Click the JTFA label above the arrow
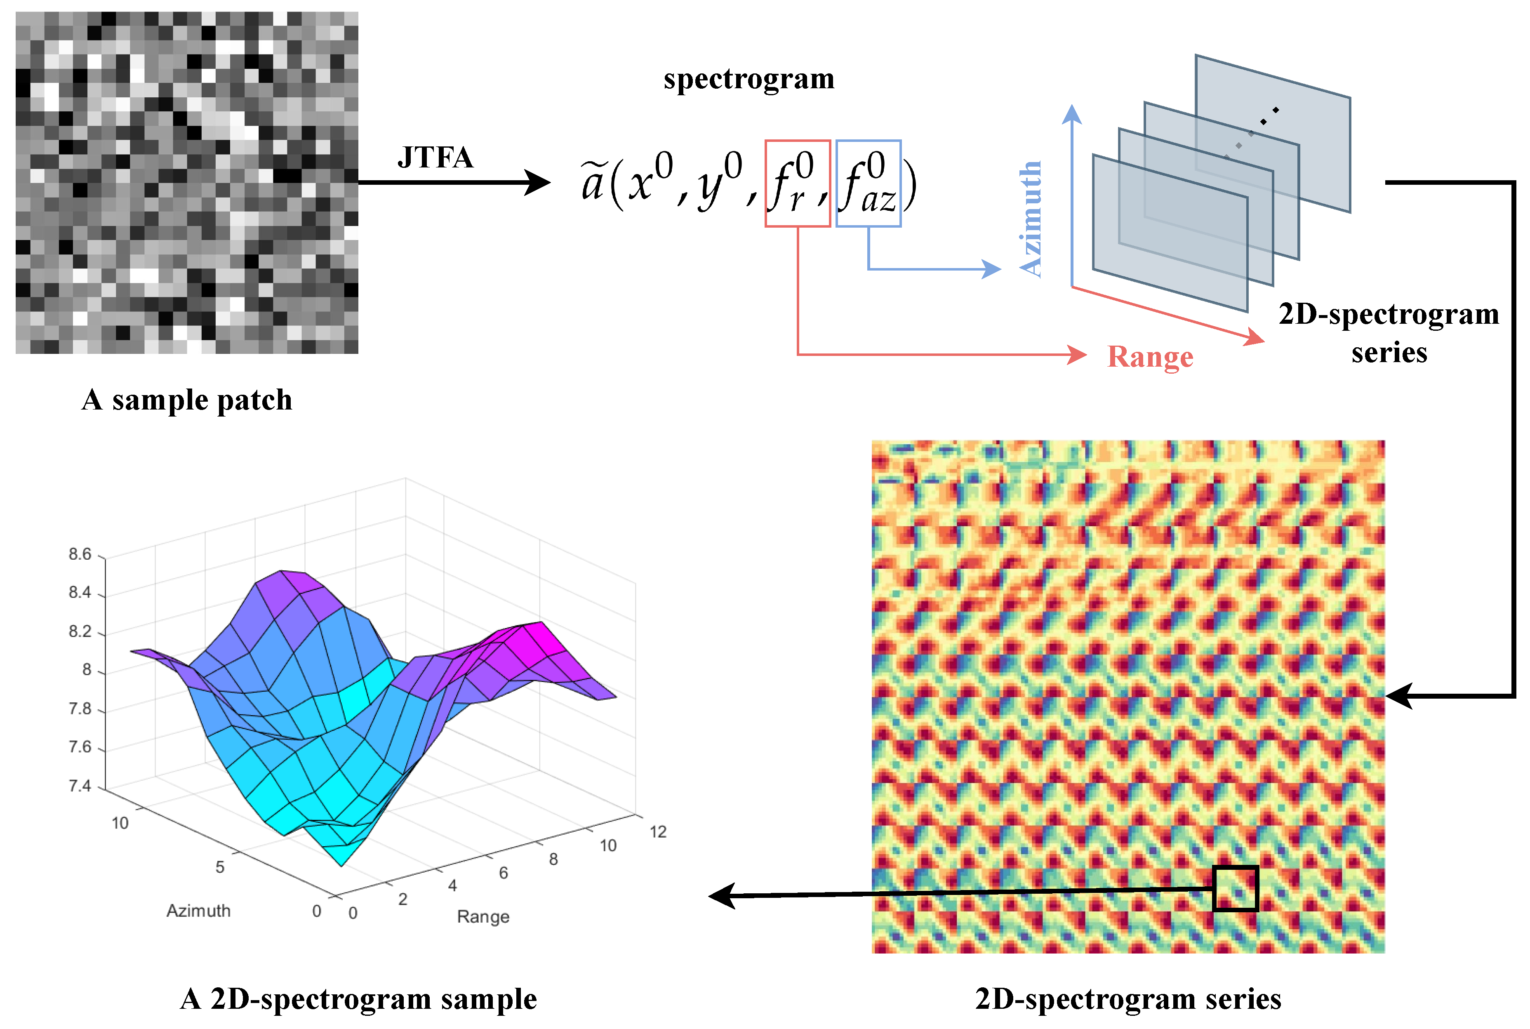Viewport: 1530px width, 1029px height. coord(435,158)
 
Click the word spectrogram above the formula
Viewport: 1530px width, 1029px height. coord(749,79)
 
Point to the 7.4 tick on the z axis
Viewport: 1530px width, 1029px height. coord(80,786)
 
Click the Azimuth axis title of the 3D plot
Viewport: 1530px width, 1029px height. coord(198,911)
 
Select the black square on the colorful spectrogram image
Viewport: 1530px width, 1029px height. coord(1235,888)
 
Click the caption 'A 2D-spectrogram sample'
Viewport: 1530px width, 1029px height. coord(358,999)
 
